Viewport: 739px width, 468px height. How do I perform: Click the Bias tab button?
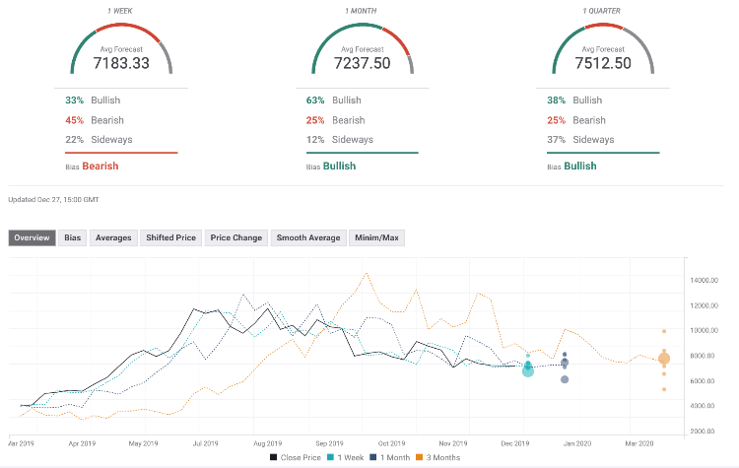click(73, 237)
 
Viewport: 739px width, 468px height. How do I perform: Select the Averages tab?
click(113, 237)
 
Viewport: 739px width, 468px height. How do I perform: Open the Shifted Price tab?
click(171, 237)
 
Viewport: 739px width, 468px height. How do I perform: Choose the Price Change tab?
click(235, 237)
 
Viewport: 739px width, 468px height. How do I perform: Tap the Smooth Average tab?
click(307, 237)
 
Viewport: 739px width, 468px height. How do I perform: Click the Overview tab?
click(34, 237)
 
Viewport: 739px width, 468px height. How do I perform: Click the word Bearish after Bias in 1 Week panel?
click(100, 167)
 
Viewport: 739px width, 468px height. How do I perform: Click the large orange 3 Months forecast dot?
click(663, 360)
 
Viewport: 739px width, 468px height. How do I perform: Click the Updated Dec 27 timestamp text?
click(53, 200)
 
